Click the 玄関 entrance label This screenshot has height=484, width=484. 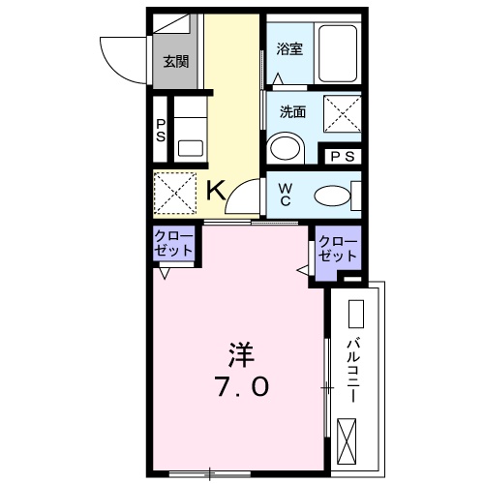click(175, 62)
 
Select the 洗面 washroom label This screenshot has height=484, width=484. click(291, 111)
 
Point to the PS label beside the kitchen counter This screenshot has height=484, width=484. click(160, 131)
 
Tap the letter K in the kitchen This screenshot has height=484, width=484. click(216, 191)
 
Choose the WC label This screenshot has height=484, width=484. click(287, 193)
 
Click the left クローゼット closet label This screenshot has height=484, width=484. click(174, 243)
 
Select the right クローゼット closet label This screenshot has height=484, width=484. click(337, 250)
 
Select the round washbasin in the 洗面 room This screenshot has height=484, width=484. click(285, 148)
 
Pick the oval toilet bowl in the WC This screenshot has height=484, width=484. click(334, 194)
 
